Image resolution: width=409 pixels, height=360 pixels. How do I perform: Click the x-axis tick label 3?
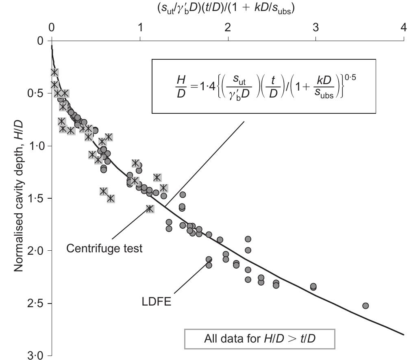tap(315, 28)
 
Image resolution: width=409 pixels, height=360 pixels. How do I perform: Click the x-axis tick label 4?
tap(403, 28)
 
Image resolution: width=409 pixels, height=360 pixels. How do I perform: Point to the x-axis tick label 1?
tap(140, 28)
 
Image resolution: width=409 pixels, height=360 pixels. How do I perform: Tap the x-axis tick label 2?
tap(228, 28)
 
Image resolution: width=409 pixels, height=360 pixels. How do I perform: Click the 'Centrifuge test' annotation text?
tap(104, 248)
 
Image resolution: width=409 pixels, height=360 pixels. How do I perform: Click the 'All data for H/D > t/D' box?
tap(260, 338)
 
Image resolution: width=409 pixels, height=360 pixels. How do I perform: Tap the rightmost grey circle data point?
tap(365, 306)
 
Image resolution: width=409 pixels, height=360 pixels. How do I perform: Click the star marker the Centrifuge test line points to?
tap(150, 208)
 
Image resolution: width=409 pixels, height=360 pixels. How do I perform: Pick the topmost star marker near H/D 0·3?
tap(54, 72)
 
